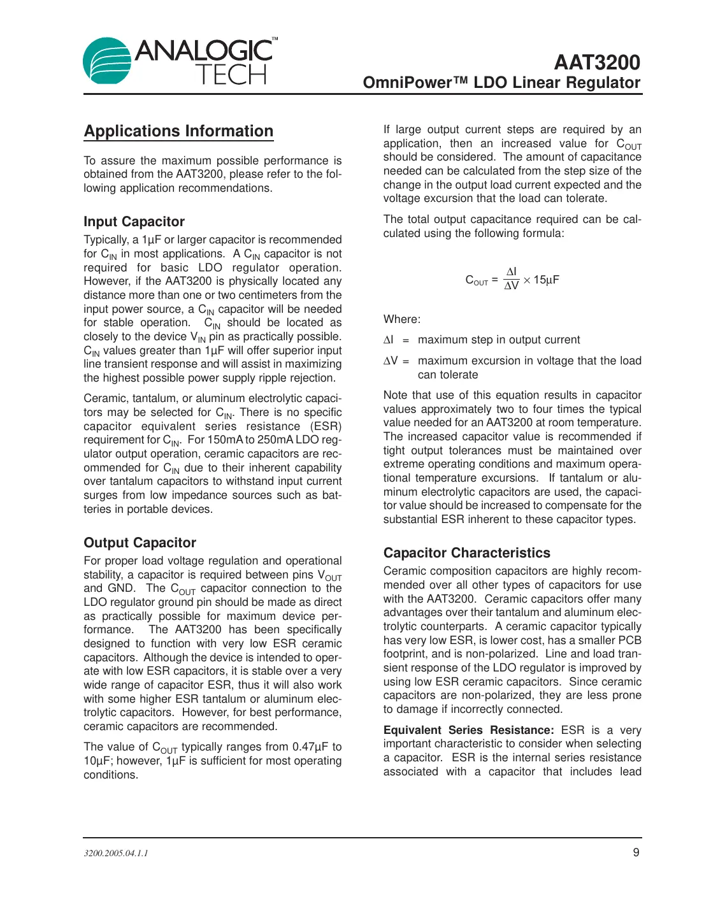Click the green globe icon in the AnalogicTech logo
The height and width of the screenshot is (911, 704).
tap(106, 61)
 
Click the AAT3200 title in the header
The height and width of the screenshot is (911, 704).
tap(596, 62)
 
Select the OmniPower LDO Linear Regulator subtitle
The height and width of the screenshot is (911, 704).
tap(501, 83)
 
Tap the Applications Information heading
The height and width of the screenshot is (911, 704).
tap(178, 131)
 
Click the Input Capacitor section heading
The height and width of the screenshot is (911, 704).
tap(134, 222)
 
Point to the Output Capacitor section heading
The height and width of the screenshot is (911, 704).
tap(140, 543)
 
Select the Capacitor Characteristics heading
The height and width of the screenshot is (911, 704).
tap(466, 553)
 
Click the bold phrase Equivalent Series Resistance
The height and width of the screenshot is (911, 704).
tap(468, 730)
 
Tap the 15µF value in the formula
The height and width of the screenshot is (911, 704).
tap(546, 280)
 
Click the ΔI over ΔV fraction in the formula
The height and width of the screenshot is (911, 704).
tap(512, 279)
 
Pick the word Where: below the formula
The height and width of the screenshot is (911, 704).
tap(402, 319)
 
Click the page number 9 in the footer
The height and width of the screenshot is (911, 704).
tap(636, 852)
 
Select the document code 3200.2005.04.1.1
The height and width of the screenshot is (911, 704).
tap(116, 853)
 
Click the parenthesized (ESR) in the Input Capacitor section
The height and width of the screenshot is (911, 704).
tap(326, 426)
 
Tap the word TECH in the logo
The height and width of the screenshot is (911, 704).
tap(231, 75)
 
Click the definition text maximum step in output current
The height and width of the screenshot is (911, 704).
tap(499, 340)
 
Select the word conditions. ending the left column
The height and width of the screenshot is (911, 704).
tap(111, 775)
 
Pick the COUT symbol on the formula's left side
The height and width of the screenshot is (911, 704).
tap(477, 280)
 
